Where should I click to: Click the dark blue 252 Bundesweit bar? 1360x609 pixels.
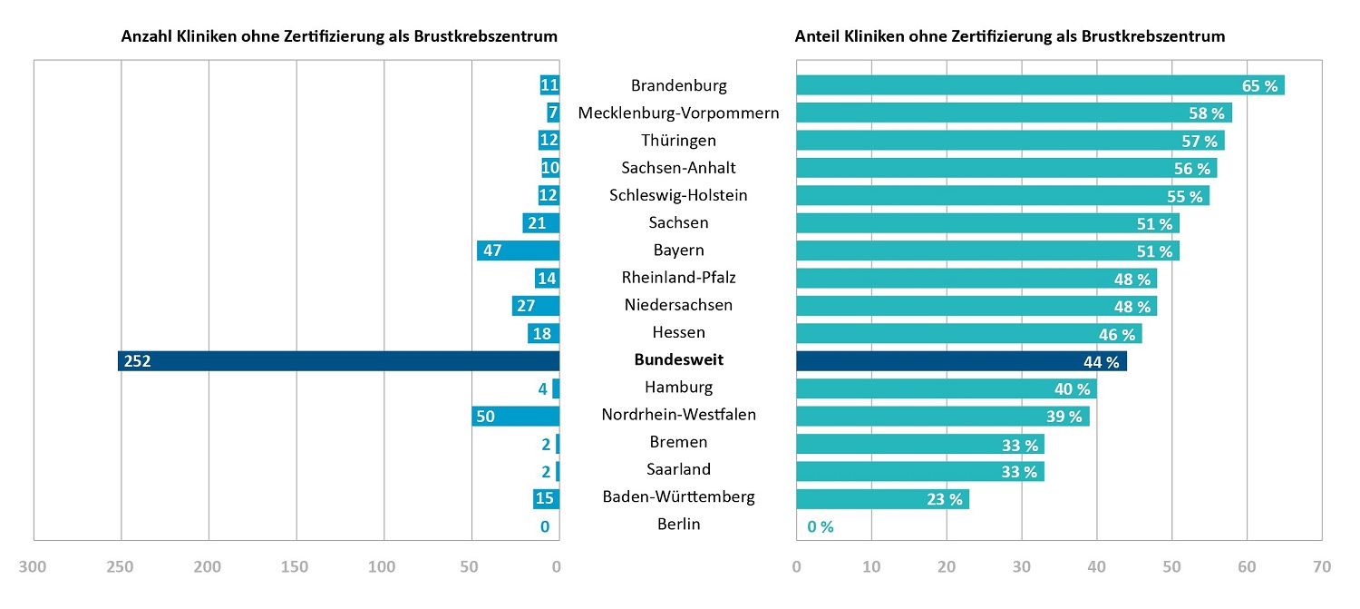(x=338, y=360)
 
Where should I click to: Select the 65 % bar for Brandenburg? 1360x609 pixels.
(x=1040, y=85)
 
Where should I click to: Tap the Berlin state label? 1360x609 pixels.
(x=679, y=524)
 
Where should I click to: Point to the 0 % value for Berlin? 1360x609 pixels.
(x=819, y=526)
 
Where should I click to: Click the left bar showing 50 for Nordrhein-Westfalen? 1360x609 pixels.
(x=515, y=416)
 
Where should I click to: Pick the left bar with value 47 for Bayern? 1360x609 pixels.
(x=518, y=250)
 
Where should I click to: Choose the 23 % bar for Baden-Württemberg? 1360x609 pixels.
(x=882, y=498)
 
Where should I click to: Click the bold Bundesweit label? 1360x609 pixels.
(x=679, y=360)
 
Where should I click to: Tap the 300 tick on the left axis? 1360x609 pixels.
(x=33, y=567)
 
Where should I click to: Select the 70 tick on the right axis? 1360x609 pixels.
(x=1321, y=567)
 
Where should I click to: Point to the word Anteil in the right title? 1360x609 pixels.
(x=819, y=36)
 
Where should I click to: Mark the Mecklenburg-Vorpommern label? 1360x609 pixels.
(x=679, y=113)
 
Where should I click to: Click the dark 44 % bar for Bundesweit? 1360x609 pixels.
(x=961, y=360)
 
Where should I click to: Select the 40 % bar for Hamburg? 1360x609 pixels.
(x=946, y=388)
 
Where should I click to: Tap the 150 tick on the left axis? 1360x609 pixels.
(x=296, y=567)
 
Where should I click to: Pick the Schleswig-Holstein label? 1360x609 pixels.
(x=679, y=195)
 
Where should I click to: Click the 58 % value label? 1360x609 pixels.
(x=1206, y=113)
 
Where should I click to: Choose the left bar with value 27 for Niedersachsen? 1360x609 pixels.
(x=535, y=306)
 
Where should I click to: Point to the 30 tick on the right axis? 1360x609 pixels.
(x=1021, y=567)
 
